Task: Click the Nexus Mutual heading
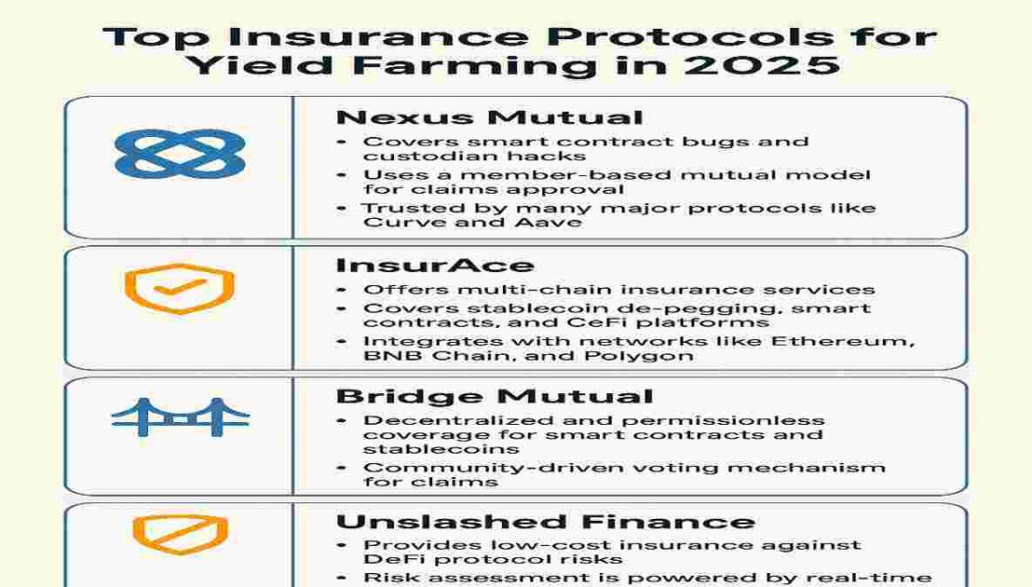489,117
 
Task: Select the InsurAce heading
434,266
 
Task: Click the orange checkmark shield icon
180,288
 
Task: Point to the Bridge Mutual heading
495,396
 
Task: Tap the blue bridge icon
180,417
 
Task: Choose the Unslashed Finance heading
546,522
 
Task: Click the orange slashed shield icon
180,534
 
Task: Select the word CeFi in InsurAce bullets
596,323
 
